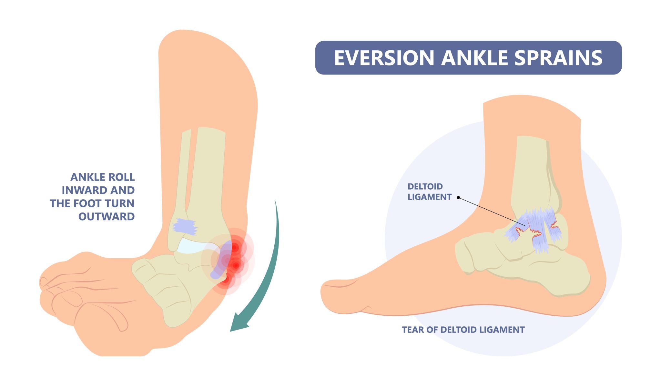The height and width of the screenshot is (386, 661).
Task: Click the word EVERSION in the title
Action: click(x=384, y=58)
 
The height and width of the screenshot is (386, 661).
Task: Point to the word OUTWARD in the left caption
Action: click(x=107, y=217)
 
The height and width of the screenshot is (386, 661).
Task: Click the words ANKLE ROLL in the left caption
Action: click(x=103, y=177)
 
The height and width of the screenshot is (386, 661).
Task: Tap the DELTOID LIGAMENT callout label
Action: click(x=429, y=192)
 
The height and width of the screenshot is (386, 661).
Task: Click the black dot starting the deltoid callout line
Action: click(x=458, y=197)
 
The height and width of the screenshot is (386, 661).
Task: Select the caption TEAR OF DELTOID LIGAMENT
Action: click(x=463, y=330)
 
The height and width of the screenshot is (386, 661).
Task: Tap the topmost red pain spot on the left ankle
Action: click(x=235, y=247)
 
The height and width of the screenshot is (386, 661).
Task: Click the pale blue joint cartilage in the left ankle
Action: click(x=190, y=246)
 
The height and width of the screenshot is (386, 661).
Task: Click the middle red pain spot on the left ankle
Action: click(x=236, y=265)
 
